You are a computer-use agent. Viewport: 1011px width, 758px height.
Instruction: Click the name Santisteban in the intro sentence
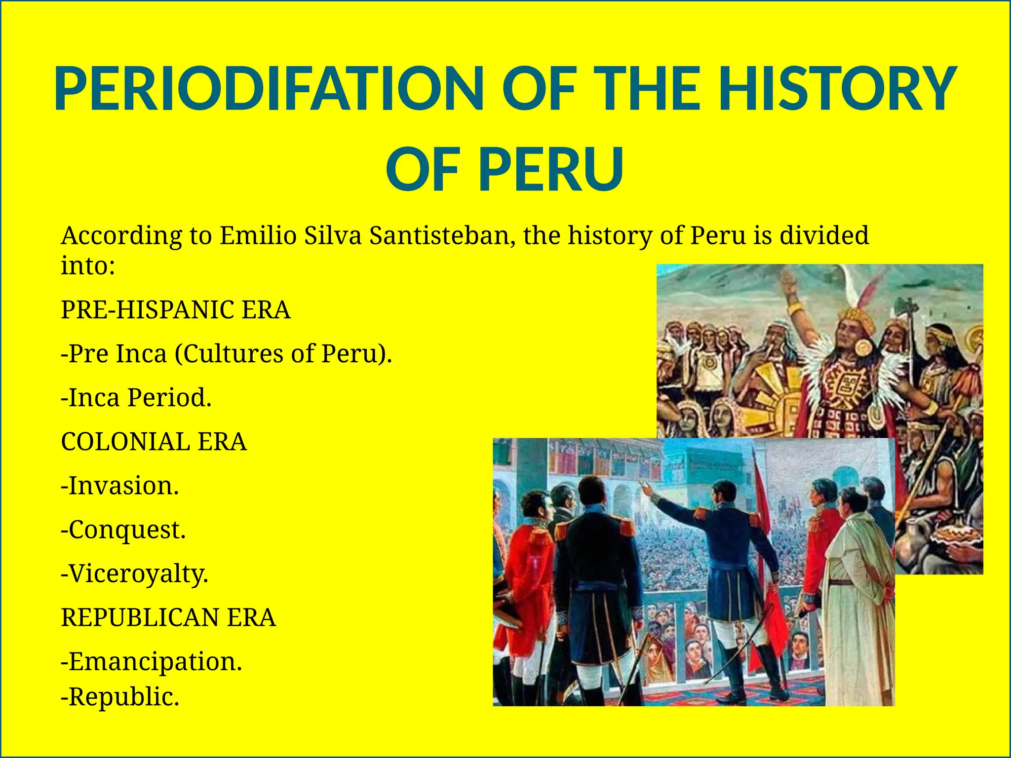pyautogui.click(x=442, y=236)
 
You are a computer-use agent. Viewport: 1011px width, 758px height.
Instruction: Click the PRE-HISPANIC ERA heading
pyautogui.click(x=176, y=310)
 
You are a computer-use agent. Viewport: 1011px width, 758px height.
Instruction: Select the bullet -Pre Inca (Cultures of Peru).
pyautogui.click(x=226, y=354)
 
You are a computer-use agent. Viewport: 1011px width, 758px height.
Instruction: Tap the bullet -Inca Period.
pyautogui.click(x=136, y=398)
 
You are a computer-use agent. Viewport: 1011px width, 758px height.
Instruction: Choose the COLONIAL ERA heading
pyautogui.click(x=154, y=442)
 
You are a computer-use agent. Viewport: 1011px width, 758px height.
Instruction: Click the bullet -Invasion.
pyautogui.click(x=119, y=486)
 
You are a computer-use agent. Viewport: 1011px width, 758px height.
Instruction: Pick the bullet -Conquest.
pyautogui.click(x=123, y=530)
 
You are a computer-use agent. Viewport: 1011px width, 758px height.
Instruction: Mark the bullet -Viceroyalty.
pyautogui.click(x=134, y=574)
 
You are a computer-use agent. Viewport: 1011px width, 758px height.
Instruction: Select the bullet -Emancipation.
pyautogui.click(x=151, y=662)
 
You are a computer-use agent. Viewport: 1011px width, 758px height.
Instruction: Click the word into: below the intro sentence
pyautogui.click(x=88, y=266)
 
